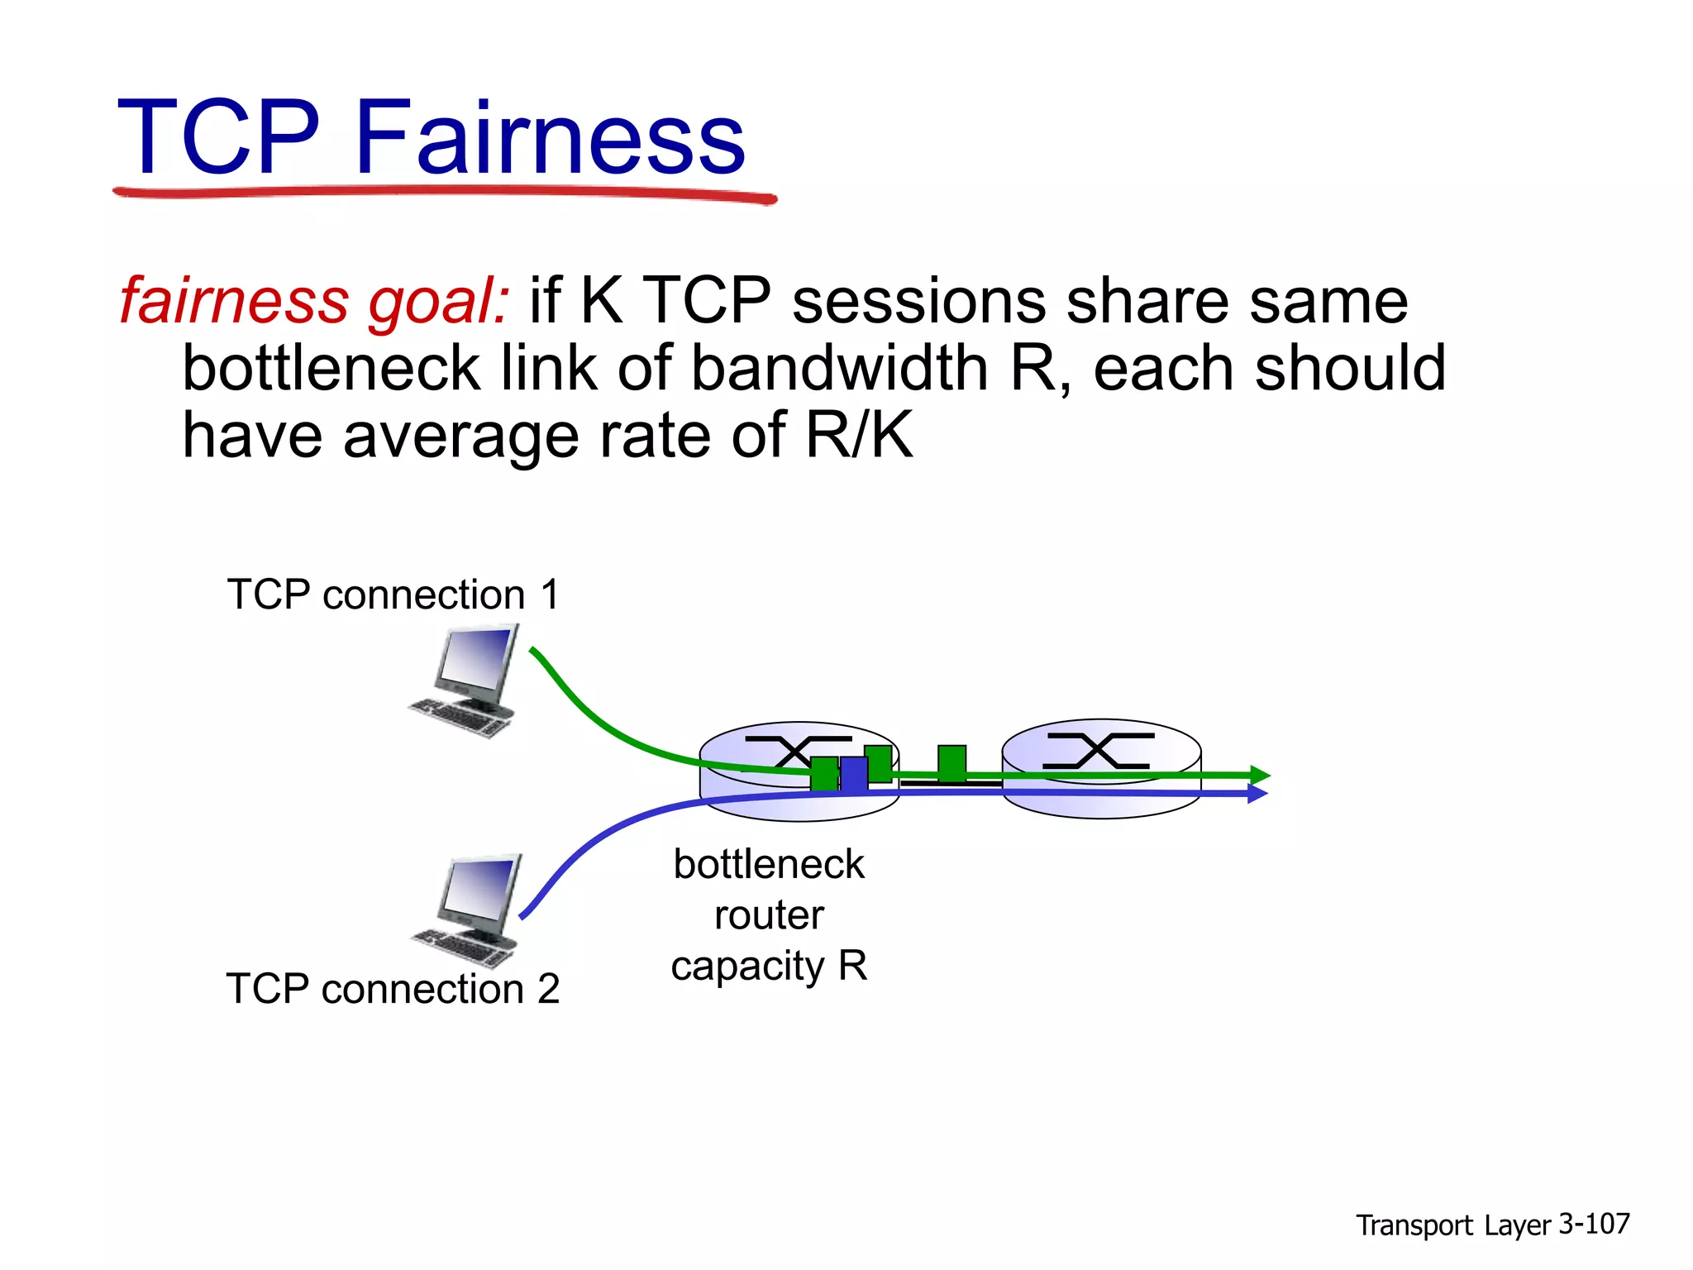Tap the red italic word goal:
(x=438, y=302)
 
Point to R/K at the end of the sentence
(x=860, y=435)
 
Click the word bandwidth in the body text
(x=839, y=368)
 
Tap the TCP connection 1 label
(x=393, y=594)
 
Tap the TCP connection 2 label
(x=393, y=989)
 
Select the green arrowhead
(x=1260, y=776)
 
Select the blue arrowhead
(x=1257, y=794)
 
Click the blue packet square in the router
(x=854, y=775)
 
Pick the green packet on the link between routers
(x=951, y=762)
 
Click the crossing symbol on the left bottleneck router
(x=797, y=752)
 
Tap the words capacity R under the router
(x=769, y=966)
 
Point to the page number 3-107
(x=1594, y=1224)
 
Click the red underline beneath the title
(x=445, y=194)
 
